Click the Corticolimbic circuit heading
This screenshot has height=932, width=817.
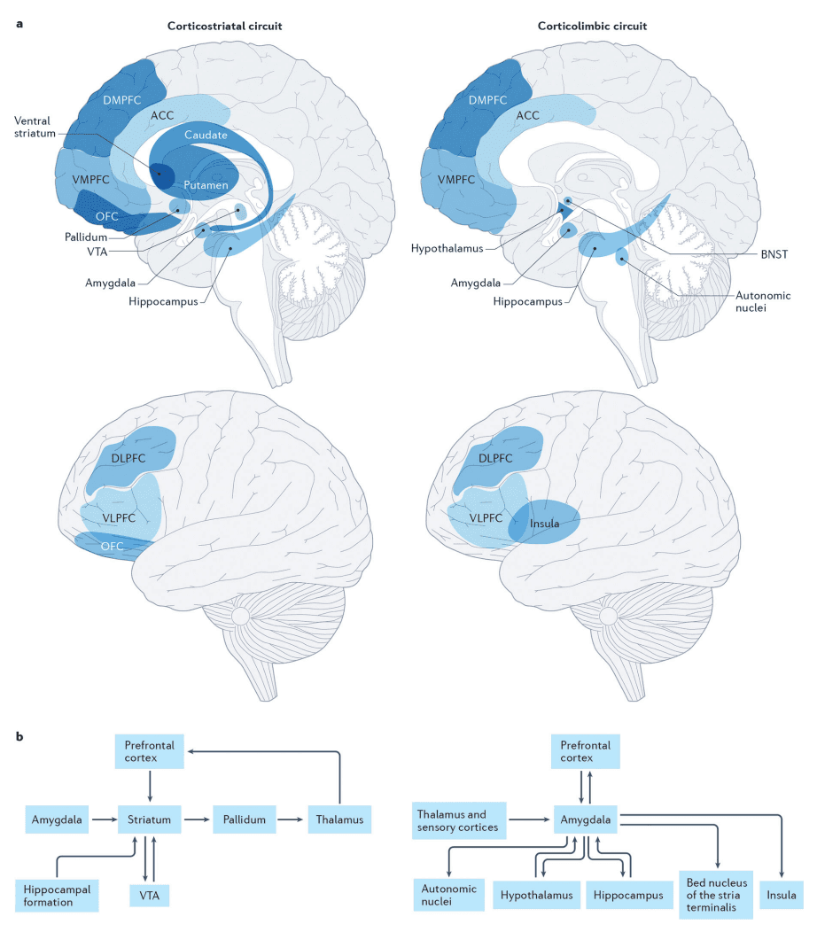click(x=592, y=27)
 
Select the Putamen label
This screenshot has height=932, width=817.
click(x=206, y=184)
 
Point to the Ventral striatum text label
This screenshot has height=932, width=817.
click(x=35, y=128)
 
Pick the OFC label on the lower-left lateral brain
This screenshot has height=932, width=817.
click(x=113, y=547)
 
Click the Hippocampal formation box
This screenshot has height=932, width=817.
click(x=57, y=895)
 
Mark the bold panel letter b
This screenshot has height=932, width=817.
click(x=19, y=735)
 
